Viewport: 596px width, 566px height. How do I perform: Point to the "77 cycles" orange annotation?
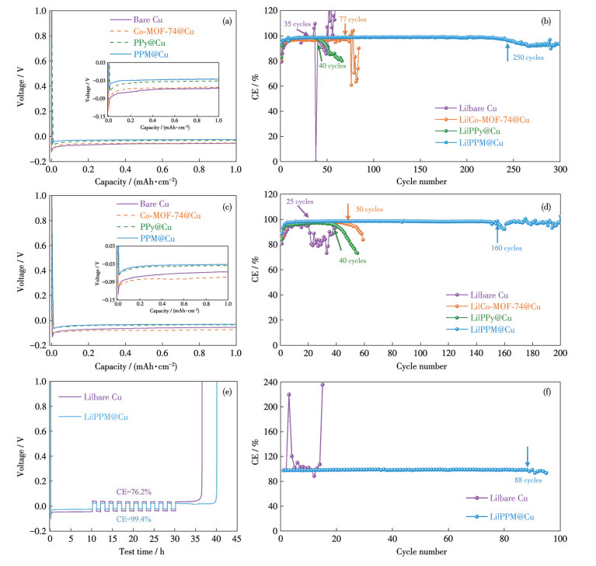click(352, 19)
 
